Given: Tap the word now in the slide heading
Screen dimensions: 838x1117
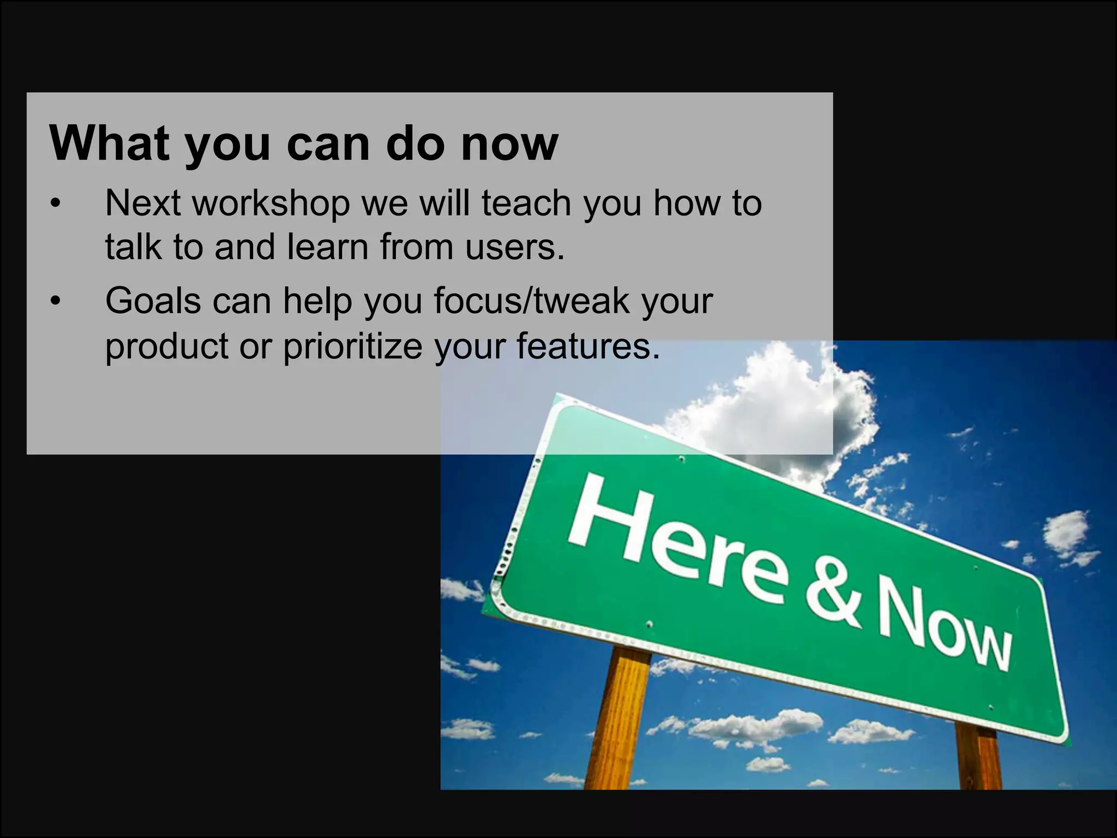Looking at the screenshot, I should (509, 144).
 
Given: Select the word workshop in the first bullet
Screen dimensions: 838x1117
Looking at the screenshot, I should (271, 204).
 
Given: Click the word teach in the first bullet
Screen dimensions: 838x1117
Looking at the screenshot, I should (526, 203).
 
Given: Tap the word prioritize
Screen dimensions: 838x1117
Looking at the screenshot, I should (352, 346).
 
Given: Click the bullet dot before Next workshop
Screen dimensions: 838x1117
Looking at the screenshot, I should (55, 204).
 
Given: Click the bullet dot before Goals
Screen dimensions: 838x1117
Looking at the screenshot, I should (55, 301).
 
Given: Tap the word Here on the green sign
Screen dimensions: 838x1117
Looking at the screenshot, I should (676, 540).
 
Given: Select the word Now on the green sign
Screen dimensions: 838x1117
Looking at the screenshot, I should (944, 627).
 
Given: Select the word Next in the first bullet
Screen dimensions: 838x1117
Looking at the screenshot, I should (143, 203).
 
